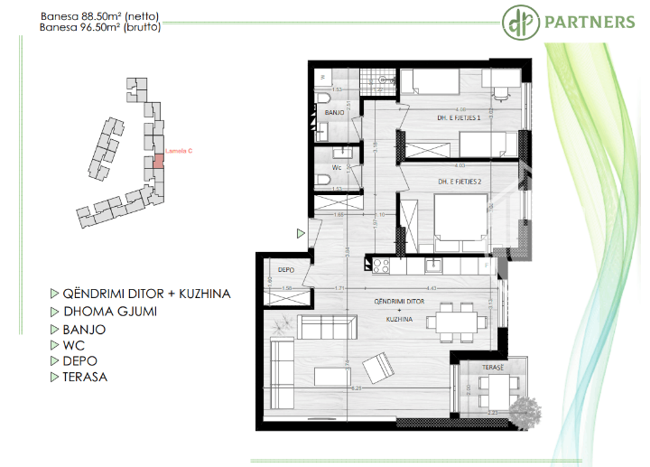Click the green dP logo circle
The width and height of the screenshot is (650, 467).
(519, 20)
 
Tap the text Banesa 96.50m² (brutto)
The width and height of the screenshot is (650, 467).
(101, 28)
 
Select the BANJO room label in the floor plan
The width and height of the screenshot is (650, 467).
(335, 113)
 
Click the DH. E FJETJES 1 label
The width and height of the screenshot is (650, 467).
(440, 117)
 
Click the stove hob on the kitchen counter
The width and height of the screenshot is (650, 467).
(379, 265)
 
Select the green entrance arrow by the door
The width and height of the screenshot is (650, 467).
(301, 233)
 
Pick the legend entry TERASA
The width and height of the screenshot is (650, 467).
(85, 377)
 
